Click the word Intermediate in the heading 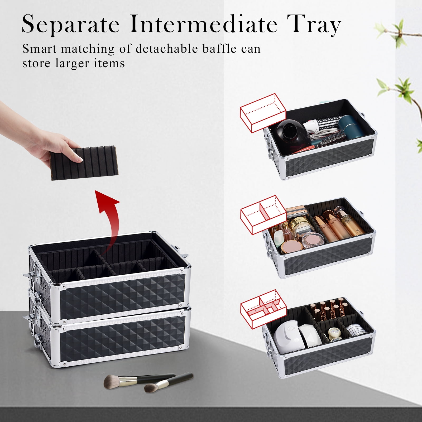coord(203,24)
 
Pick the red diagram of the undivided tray coord(263,113)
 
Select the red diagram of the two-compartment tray coord(263,215)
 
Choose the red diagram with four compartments coord(263,309)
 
